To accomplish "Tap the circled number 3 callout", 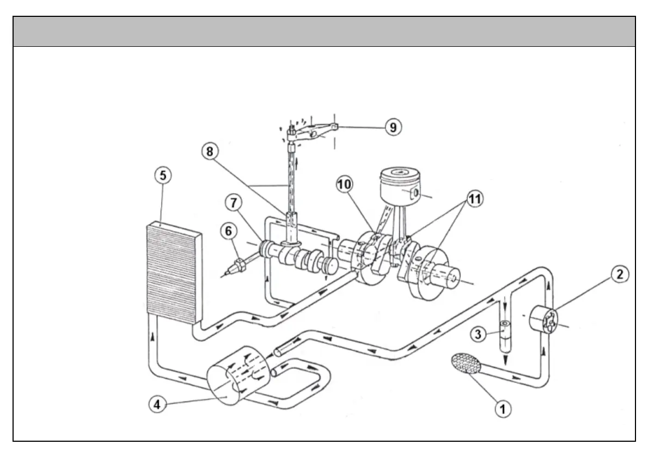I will [x=478, y=334].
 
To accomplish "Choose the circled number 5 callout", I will [x=162, y=176].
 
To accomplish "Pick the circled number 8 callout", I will [x=210, y=152].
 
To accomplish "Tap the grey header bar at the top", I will [x=324, y=32].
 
